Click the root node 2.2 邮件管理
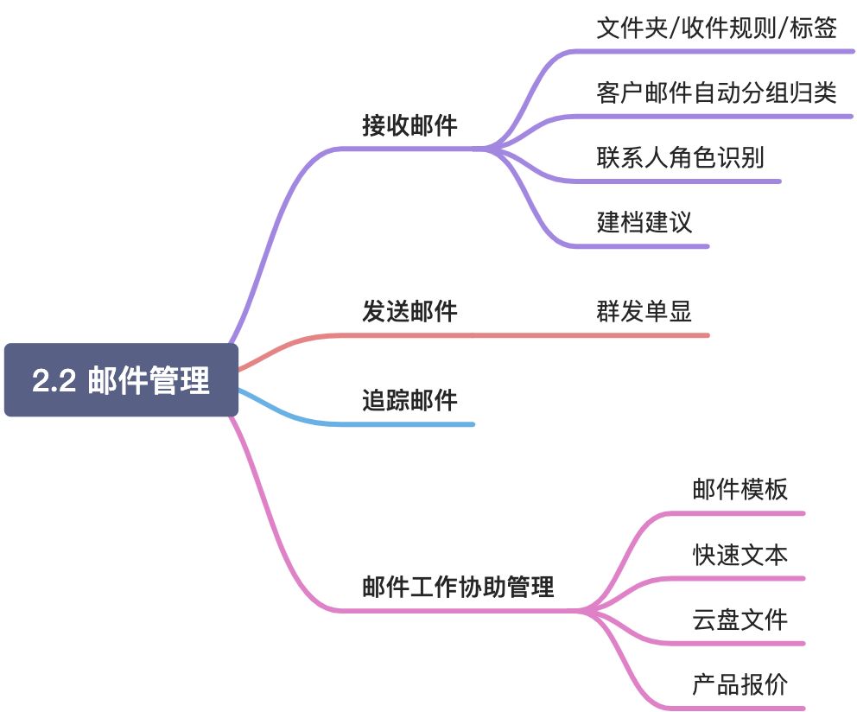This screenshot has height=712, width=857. [x=121, y=380]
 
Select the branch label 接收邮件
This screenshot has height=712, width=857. [x=409, y=126]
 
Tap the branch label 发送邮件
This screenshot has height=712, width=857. [x=409, y=312]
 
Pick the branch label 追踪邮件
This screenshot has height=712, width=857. [x=409, y=401]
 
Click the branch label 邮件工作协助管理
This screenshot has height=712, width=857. [x=458, y=588]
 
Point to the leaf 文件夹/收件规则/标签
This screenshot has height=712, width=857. [x=716, y=29]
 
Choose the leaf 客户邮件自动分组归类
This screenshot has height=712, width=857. [x=716, y=92]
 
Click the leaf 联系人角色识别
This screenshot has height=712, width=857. [x=680, y=157]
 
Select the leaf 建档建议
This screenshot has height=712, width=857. [x=644, y=222]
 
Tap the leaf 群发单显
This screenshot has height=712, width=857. [x=644, y=312]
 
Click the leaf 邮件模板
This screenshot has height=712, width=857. [x=740, y=490]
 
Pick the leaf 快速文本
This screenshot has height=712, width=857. [x=740, y=555]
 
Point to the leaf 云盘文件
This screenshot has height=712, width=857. [x=740, y=620]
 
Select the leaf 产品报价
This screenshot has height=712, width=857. [x=740, y=685]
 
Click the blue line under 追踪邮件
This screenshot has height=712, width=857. [x=415, y=424]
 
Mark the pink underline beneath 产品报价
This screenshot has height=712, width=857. [x=743, y=709]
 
